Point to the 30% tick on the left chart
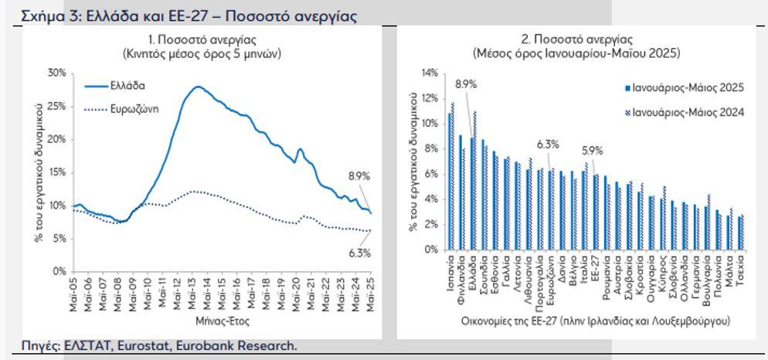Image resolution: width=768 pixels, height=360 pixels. [56, 73]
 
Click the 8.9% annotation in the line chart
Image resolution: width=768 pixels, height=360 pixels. [359, 177]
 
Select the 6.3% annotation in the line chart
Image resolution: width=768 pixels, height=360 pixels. [359, 253]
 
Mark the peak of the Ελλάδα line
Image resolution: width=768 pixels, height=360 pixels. [198, 87]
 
